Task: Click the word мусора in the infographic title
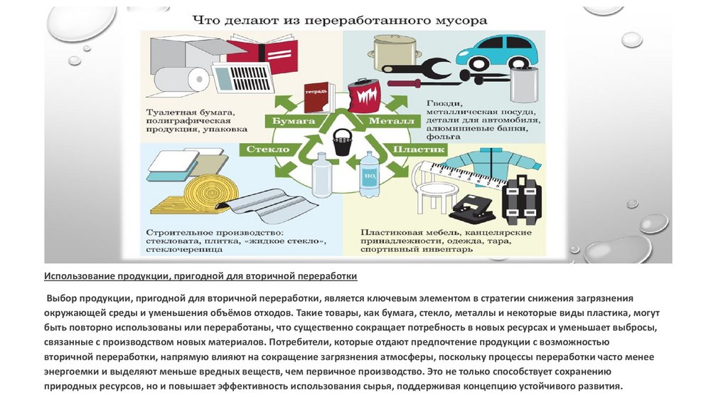point(463,20)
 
